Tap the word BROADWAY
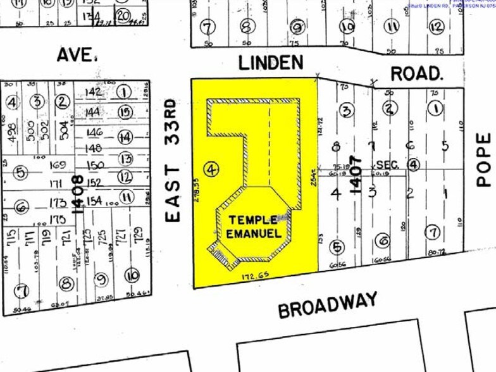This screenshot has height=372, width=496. [x=328, y=305]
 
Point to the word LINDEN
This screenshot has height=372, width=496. [x=270, y=62]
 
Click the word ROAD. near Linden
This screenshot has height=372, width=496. [x=416, y=73]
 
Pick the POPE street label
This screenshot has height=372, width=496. [x=484, y=159]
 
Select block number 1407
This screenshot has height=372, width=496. [x=357, y=174]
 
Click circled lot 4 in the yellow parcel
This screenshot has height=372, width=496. [x=211, y=169]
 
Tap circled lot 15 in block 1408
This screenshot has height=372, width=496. [x=125, y=113]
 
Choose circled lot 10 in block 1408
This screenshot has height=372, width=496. [x=132, y=275]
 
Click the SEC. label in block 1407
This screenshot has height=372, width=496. [x=388, y=165]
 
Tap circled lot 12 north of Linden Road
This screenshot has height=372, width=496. [x=435, y=26]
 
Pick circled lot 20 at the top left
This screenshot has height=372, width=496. [x=123, y=15]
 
